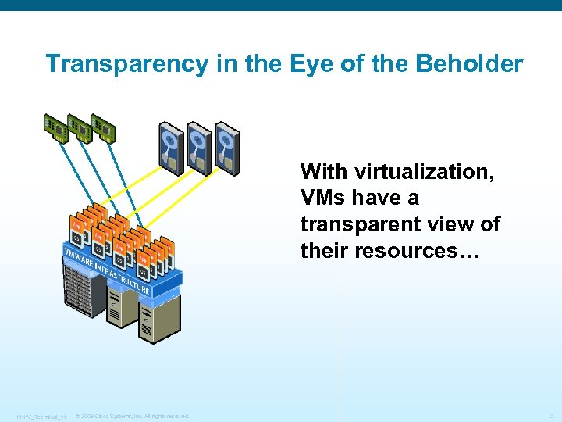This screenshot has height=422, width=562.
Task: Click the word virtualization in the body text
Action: [x=425, y=171]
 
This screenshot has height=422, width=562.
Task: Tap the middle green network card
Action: [x=80, y=127]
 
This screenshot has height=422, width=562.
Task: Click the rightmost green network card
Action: [x=103, y=127]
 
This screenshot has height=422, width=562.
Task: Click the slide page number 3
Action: [x=551, y=415]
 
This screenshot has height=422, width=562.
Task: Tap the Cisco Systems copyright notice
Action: [x=132, y=416]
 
